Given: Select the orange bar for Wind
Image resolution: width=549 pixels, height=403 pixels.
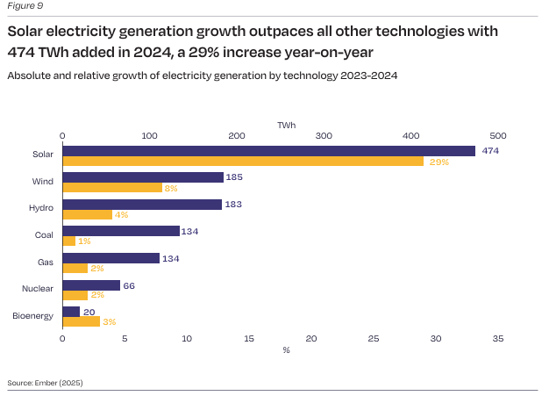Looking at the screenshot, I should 112,188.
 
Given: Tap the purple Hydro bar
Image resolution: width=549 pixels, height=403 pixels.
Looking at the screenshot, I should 142,205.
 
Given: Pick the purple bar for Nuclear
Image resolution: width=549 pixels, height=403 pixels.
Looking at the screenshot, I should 91,285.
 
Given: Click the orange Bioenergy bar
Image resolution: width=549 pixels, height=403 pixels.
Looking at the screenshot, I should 81,322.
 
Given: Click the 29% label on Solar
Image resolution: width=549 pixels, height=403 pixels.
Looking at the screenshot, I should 438,162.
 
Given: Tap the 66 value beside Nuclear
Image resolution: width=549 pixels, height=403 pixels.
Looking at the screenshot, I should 129,285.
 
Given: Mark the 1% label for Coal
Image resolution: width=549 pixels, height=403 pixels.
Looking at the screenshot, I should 85,241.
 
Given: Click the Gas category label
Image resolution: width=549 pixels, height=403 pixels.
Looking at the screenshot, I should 45,263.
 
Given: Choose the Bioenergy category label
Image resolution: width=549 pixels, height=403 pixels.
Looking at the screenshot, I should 32,316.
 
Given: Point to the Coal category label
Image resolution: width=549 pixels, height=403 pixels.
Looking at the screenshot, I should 43,235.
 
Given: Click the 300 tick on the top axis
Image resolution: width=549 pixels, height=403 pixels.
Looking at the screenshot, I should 323,135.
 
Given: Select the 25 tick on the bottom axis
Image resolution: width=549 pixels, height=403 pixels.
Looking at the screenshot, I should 374,338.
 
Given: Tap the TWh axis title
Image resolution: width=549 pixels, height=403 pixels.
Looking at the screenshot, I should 286,125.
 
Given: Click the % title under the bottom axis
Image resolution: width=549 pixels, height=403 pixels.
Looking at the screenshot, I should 286,349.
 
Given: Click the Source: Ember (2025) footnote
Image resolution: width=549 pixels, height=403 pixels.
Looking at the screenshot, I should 45,383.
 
